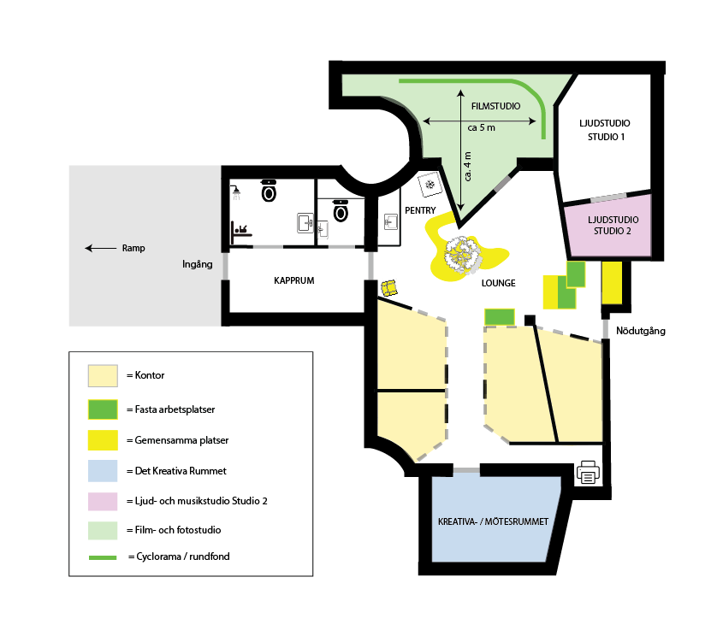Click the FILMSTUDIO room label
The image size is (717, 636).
coord(495,107)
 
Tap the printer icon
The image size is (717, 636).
coord(588,472)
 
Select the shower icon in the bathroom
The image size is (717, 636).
coord(236,192)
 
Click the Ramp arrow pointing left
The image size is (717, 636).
coord(101,248)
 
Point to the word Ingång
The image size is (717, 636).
coord(197,264)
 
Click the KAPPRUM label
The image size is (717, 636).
coord(294,280)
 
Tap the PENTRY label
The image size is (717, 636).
coord(420,210)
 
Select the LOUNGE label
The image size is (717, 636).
coord(499,283)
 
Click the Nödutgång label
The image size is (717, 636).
coord(641,331)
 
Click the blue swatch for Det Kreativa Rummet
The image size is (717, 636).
coord(103,471)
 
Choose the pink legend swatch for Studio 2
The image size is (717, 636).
coord(103,501)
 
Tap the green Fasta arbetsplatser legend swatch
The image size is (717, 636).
coord(103,409)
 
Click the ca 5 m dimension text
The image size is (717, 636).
coord(481,128)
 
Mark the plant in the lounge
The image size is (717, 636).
coord(463,255)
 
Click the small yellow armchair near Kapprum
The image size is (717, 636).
coord(389,288)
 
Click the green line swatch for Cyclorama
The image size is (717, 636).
coord(103,557)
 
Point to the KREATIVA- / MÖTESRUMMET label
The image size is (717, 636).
coord(493,521)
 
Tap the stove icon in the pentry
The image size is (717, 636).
coord(430,185)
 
